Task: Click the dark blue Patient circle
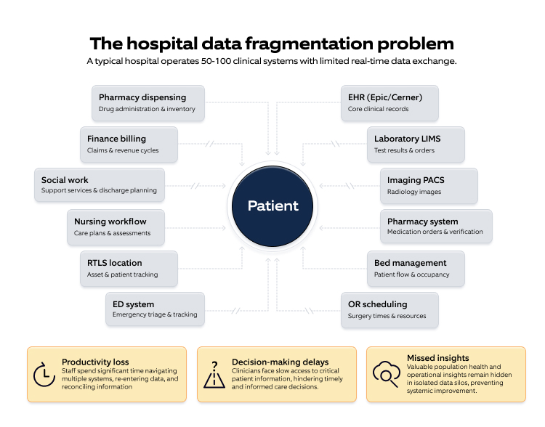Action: pos(272,206)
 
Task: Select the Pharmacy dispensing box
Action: pos(148,103)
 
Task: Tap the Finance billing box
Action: pos(129,145)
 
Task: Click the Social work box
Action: pos(99,185)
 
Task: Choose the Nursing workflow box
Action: pos(119,227)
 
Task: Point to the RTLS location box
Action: pos(129,269)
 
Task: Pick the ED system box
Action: pos(154,309)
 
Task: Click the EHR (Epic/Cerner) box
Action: pos(389,103)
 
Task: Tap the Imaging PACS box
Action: pos(429,186)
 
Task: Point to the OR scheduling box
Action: pos(389,309)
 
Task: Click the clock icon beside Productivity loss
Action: pos(44,373)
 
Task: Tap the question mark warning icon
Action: pos(214,374)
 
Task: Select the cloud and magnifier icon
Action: pos(385,373)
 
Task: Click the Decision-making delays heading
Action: pos(280,362)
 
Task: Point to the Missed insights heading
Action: pos(437,358)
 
